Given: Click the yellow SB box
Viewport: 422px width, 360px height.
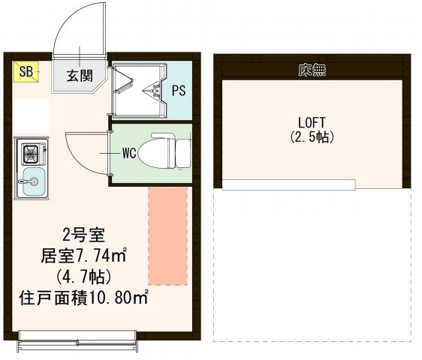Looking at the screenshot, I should (x=26, y=72).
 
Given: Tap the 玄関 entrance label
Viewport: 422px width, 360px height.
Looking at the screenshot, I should (x=79, y=75).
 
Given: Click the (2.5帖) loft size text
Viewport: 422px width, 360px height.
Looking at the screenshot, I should (x=312, y=137).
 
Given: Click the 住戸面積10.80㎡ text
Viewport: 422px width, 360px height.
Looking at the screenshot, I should (x=83, y=297).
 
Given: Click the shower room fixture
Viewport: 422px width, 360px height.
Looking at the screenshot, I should (x=139, y=88).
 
